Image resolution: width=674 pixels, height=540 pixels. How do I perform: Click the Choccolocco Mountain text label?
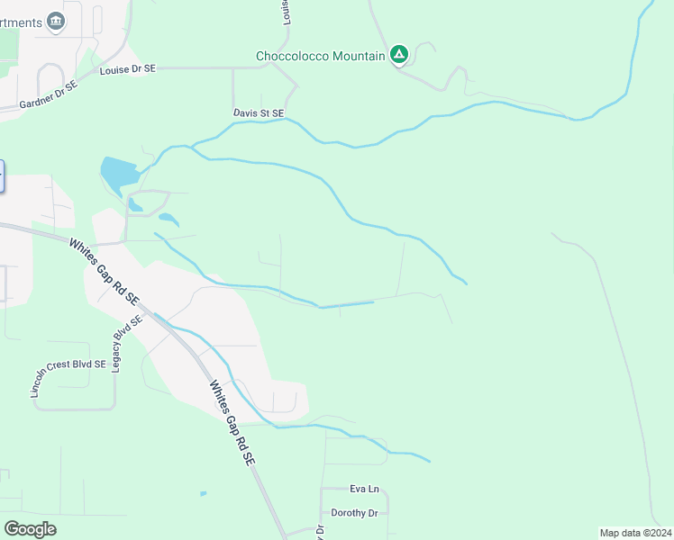pos(321,56)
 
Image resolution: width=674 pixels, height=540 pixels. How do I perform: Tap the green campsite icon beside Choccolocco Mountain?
pos(399,55)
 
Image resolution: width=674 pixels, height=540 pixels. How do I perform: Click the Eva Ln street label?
pos(364,489)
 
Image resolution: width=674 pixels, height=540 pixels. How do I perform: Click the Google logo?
pos(30,528)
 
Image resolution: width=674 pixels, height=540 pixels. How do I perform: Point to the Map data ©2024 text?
pos(634,532)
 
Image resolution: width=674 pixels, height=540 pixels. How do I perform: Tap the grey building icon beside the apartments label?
pos(56,21)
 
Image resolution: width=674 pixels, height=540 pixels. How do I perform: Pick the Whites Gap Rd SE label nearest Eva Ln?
pos(232,421)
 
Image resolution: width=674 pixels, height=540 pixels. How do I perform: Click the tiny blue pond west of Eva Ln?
pos(203,493)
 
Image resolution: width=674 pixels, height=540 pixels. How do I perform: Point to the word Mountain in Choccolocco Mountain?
pos(355,56)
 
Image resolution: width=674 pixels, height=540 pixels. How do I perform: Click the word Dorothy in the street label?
pos(346,513)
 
